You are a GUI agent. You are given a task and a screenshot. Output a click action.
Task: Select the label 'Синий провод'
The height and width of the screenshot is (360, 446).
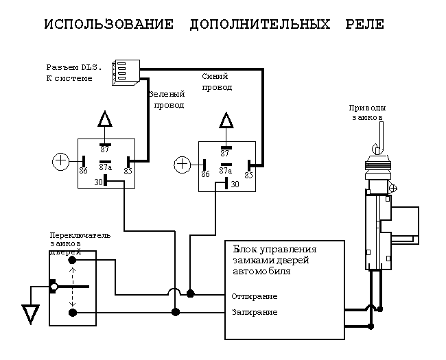pyautogui.click(x=217, y=82)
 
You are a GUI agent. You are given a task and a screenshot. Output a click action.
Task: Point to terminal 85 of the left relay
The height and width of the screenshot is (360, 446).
pyautogui.click(x=128, y=171)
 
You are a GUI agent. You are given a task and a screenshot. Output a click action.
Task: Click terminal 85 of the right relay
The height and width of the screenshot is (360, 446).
pyautogui.click(x=248, y=174)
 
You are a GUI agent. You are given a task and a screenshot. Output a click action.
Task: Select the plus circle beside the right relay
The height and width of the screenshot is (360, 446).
pyautogui.click(x=182, y=165)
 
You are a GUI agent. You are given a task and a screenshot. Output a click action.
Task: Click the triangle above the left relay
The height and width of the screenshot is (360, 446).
pyautogui.click(x=104, y=120)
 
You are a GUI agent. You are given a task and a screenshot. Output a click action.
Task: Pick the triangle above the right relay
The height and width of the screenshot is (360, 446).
pyautogui.click(x=226, y=121)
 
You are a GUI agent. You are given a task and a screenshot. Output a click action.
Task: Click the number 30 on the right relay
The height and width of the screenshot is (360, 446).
pyautogui.click(x=235, y=184)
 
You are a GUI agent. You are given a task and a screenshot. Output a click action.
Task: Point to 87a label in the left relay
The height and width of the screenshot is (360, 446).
pyautogui.click(x=105, y=166)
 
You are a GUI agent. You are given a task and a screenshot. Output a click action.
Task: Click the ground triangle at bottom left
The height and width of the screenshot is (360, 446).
pyautogui.click(x=30, y=314)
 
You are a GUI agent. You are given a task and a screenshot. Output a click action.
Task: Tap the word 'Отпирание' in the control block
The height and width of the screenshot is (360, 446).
pyautogui.click(x=255, y=296)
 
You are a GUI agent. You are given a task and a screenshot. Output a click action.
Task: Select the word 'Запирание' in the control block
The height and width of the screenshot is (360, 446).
pyautogui.click(x=255, y=313)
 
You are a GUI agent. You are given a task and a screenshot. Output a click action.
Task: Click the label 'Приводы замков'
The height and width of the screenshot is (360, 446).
pyautogui.click(x=367, y=112)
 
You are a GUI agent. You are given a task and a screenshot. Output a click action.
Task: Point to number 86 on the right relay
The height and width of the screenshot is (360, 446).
pyautogui.click(x=204, y=174)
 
